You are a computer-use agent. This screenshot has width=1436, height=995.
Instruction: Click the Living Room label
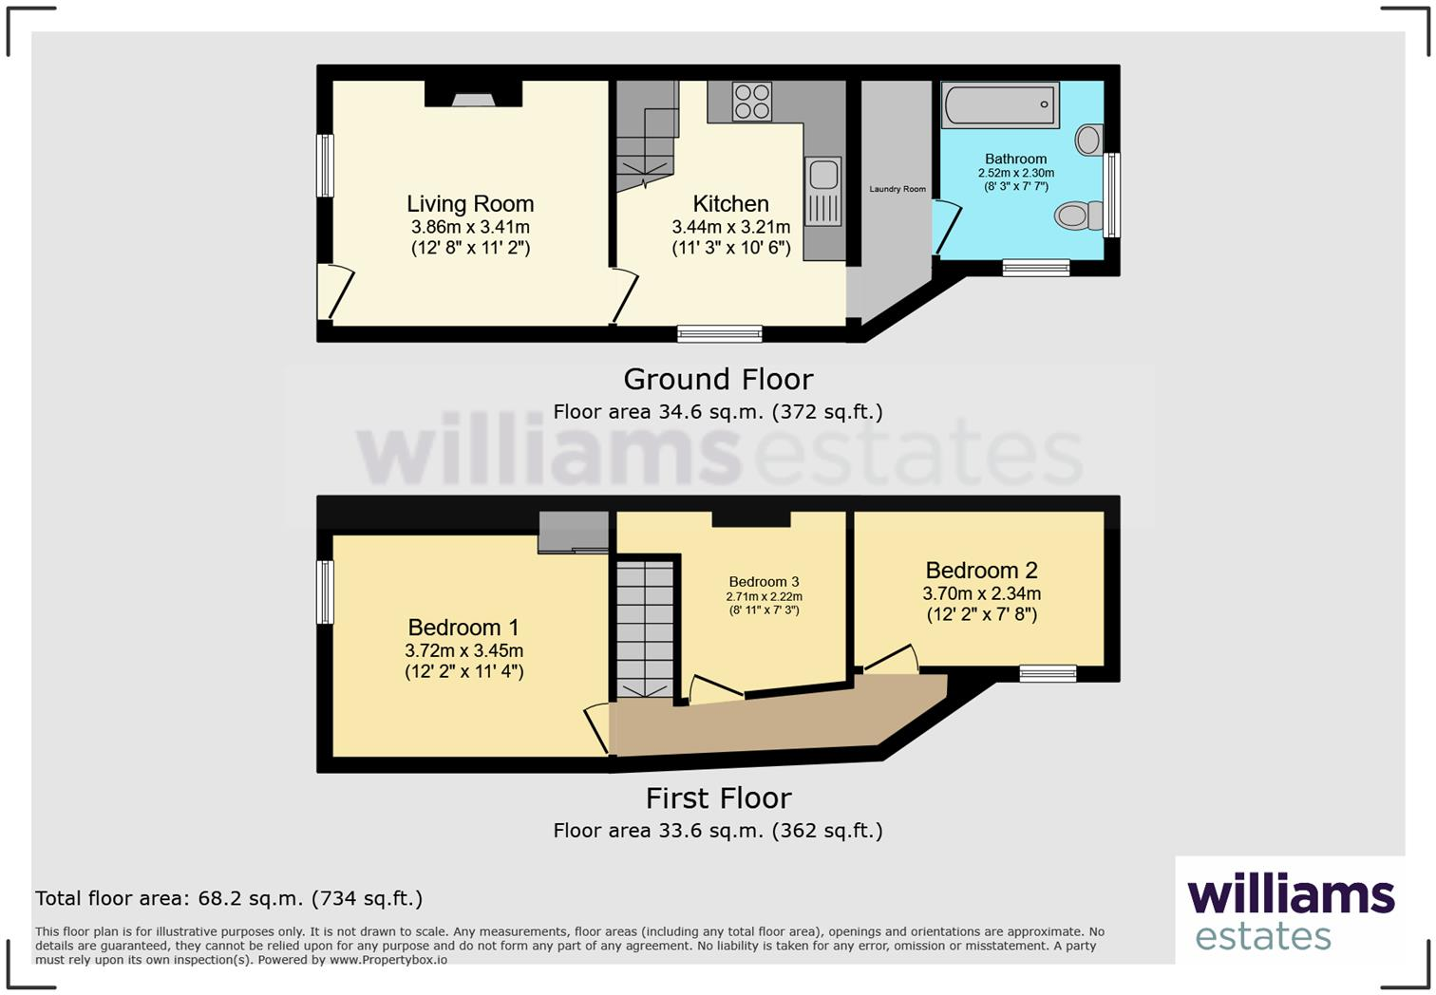pos(470,204)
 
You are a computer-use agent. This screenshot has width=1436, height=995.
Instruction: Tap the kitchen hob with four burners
pos(751,102)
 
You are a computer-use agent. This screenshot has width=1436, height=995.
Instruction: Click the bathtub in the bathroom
pos(1000,104)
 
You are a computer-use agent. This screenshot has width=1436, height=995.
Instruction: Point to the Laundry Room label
pos(897,189)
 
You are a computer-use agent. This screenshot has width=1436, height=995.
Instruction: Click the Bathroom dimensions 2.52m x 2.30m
pos(1015,174)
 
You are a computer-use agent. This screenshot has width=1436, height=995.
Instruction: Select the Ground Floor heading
pos(718,380)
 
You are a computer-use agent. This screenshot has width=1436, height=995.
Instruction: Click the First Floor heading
pos(718,798)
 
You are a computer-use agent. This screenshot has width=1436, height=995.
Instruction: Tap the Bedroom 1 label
pos(463,628)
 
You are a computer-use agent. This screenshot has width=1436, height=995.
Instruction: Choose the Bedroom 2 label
pos(981,571)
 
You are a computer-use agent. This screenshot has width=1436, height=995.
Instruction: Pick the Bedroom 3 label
pos(764,582)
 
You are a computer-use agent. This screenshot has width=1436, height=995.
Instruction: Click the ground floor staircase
pos(648,138)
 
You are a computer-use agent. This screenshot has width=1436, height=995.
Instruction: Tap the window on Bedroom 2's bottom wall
pos(1048,674)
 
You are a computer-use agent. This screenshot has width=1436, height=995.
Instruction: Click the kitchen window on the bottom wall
pos(719,333)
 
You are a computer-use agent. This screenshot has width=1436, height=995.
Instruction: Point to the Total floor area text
pos(229,898)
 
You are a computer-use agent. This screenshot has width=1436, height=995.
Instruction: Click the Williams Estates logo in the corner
pos(1290,911)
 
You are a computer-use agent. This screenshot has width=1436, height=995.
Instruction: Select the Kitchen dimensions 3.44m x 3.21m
pos(730,228)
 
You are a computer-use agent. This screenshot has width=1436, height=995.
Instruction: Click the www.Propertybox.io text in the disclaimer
pos(387,960)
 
